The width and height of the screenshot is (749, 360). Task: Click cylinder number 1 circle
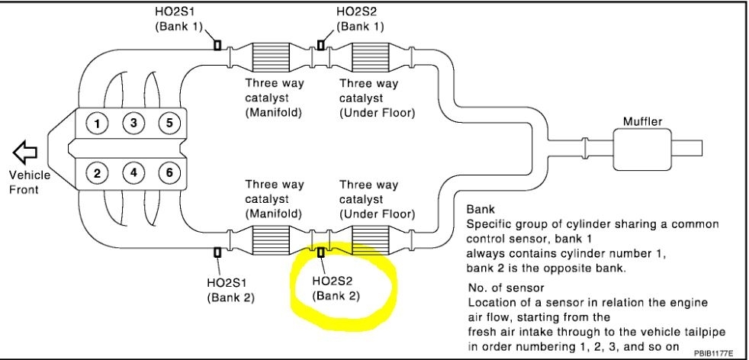(98, 122)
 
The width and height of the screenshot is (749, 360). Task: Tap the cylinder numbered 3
(133, 122)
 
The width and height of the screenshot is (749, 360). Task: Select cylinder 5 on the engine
(169, 122)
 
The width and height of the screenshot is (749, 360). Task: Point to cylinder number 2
(98, 173)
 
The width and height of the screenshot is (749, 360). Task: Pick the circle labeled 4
(133, 173)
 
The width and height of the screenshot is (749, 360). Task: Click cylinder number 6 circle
(169, 173)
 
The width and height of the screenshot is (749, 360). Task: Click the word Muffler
(642, 121)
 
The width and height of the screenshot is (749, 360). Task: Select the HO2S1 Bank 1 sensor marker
(217, 45)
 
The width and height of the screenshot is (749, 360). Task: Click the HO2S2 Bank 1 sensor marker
(320, 45)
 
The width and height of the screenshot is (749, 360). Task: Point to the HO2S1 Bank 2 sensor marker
(217, 251)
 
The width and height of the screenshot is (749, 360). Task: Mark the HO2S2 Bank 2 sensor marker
(320, 251)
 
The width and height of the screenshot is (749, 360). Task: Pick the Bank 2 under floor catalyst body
(371, 240)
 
